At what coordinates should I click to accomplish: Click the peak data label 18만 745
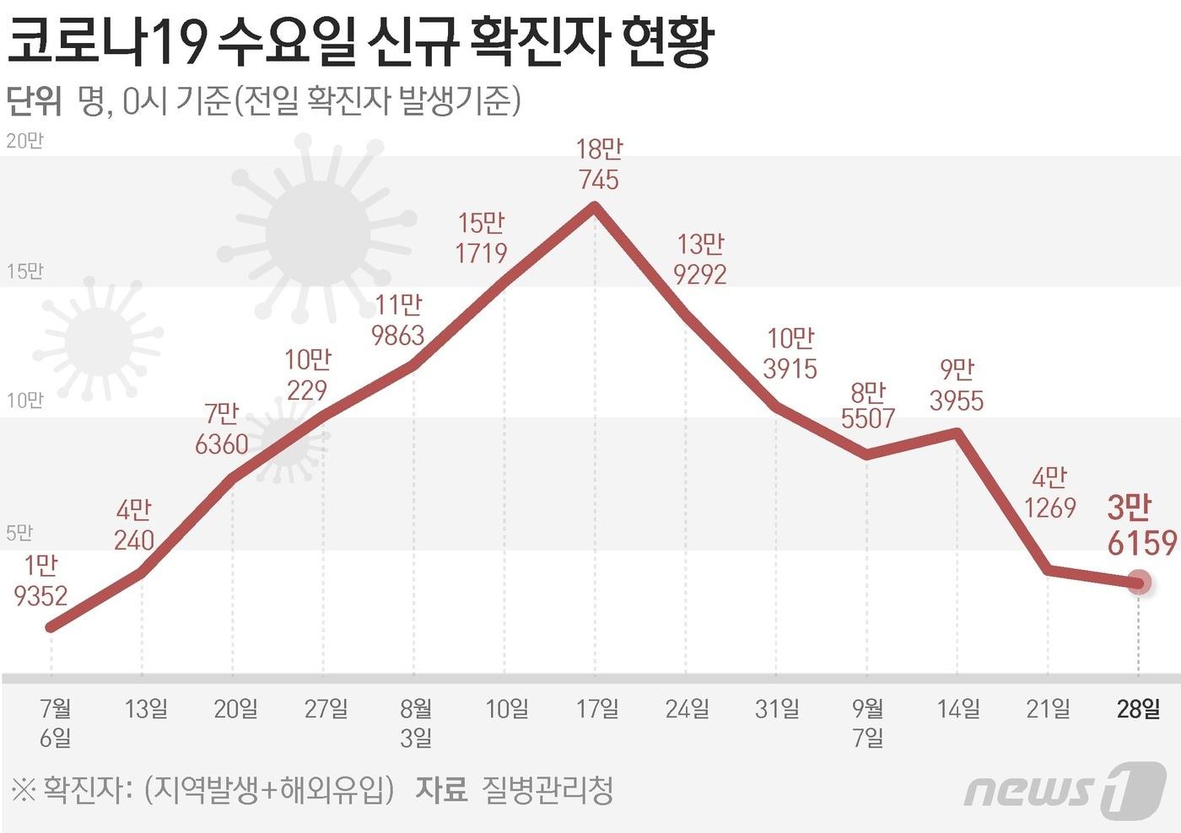pyautogui.click(x=598, y=164)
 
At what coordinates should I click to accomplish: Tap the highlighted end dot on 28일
pyautogui.click(x=1139, y=582)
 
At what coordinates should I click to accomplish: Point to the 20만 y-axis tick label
pyautogui.click(x=24, y=141)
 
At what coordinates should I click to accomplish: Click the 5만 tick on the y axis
pyautogui.click(x=19, y=533)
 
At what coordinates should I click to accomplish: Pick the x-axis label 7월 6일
pyautogui.click(x=56, y=723)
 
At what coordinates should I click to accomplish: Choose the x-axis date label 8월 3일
pyautogui.click(x=416, y=723)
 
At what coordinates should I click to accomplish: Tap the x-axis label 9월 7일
pyautogui.click(x=868, y=723)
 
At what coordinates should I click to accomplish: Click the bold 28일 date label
pyautogui.click(x=1138, y=709)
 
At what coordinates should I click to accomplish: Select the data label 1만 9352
pyautogui.click(x=40, y=580)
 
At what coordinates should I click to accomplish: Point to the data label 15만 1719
pyautogui.click(x=481, y=238)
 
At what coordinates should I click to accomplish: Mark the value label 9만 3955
pyautogui.click(x=957, y=384)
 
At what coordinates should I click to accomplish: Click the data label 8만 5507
pyautogui.click(x=868, y=405)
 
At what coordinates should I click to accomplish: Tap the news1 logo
pyautogui.click(x=1065, y=790)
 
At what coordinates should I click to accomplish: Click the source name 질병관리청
pyautogui.click(x=547, y=790)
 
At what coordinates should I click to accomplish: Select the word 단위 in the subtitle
pyautogui.click(x=34, y=101)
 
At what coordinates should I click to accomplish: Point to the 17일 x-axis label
pyautogui.click(x=597, y=709)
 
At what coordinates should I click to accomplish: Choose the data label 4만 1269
pyautogui.click(x=1049, y=492)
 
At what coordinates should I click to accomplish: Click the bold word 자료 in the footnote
pyautogui.click(x=440, y=790)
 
